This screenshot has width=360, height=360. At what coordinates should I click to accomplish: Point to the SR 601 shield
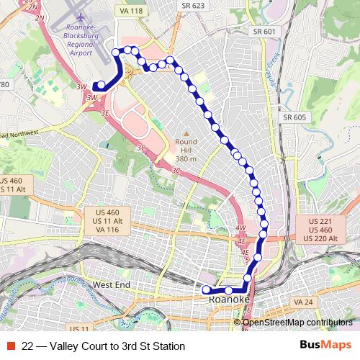pyautogui.click(x=264, y=32)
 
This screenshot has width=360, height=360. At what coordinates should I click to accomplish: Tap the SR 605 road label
pyautogui.click(x=295, y=117)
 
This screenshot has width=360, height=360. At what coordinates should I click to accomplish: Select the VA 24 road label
pyautogui.click(x=302, y=301)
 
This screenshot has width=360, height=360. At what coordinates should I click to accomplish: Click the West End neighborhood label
pyautogui.click(x=112, y=285)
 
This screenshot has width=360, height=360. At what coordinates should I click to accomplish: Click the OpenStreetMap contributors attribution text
pyautogui.click(x=297, y=323)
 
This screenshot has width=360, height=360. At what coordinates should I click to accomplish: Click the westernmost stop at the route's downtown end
pyautogui.click(x=207, y=290)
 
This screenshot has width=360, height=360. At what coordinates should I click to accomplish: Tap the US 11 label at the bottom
pyautogui.click(x=84, y=328)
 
